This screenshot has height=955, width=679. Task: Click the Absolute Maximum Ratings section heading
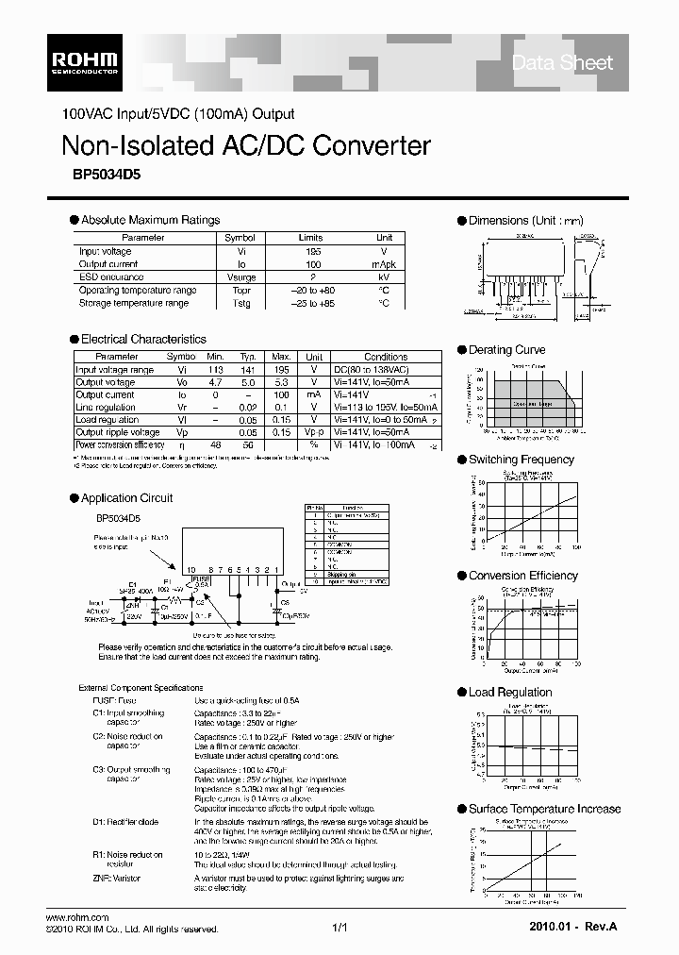coord(150,220)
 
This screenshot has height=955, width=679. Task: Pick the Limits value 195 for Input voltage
coord(310,252)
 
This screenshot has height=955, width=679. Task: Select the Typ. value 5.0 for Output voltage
coord(248,382)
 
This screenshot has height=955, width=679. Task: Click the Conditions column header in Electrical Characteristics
coord(385,357)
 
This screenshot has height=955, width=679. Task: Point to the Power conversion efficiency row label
coord(119,444)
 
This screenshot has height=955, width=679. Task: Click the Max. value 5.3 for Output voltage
coord(281,382)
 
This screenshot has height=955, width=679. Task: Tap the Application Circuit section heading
coord(126,498)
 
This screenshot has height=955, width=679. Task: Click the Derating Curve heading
coord(506,350)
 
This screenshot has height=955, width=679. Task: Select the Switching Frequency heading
coord(521,460)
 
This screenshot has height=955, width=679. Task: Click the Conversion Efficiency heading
coord(522,576)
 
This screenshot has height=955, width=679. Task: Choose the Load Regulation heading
coord(510,693)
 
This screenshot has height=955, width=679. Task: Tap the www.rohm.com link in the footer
coord(78,917)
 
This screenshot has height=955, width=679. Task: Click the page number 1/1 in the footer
coord(340,929)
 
